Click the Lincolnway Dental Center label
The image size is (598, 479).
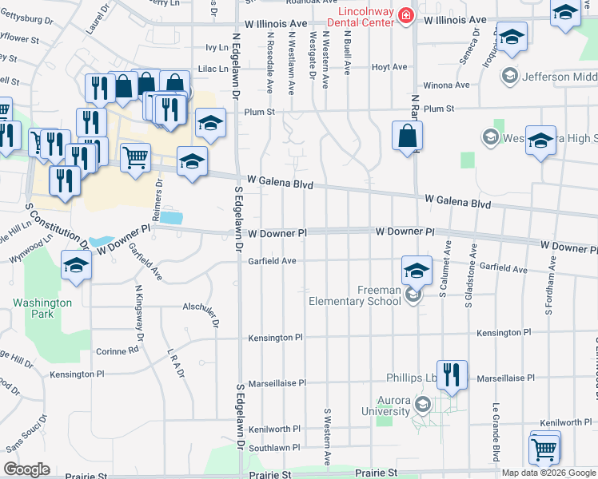click(x=355, y=17)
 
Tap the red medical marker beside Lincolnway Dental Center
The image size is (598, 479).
click(x=406, y=16)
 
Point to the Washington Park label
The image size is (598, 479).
click(x=42, y=308)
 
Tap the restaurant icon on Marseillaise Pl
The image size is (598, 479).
click(x=452, y=375)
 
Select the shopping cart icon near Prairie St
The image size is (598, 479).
click(x=544, y=448)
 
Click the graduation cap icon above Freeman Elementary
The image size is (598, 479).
click(x=417, y=271)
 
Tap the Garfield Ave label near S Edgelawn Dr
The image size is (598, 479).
click(x=272, y=261)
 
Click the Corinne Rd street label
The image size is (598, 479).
click(x=117, y=351)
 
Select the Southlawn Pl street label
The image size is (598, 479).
click(x=274, y=449)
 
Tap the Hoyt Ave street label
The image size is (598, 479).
click(x=389, y=67)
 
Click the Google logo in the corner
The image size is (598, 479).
click(x=26, y=469)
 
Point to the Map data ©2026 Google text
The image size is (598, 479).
click(x=548, y=473)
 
